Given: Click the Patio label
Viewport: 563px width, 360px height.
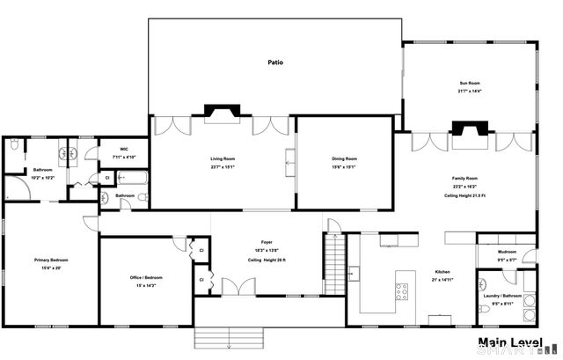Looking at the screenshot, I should pos(275,62).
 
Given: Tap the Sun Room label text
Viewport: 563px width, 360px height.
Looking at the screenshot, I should pos(469,82).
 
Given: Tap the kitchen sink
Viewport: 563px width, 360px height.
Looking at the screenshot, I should pos(440,319).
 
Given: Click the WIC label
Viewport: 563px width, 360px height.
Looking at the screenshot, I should pos(113,150).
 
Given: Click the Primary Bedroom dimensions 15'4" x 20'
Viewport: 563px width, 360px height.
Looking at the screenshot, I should pos(51,268).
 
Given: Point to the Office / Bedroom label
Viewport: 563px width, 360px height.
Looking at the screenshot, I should pos(147,277).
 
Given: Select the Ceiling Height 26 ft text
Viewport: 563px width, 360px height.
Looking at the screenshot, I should pos(267,261).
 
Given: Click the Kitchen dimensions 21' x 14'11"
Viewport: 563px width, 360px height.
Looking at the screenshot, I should pos(442,279).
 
